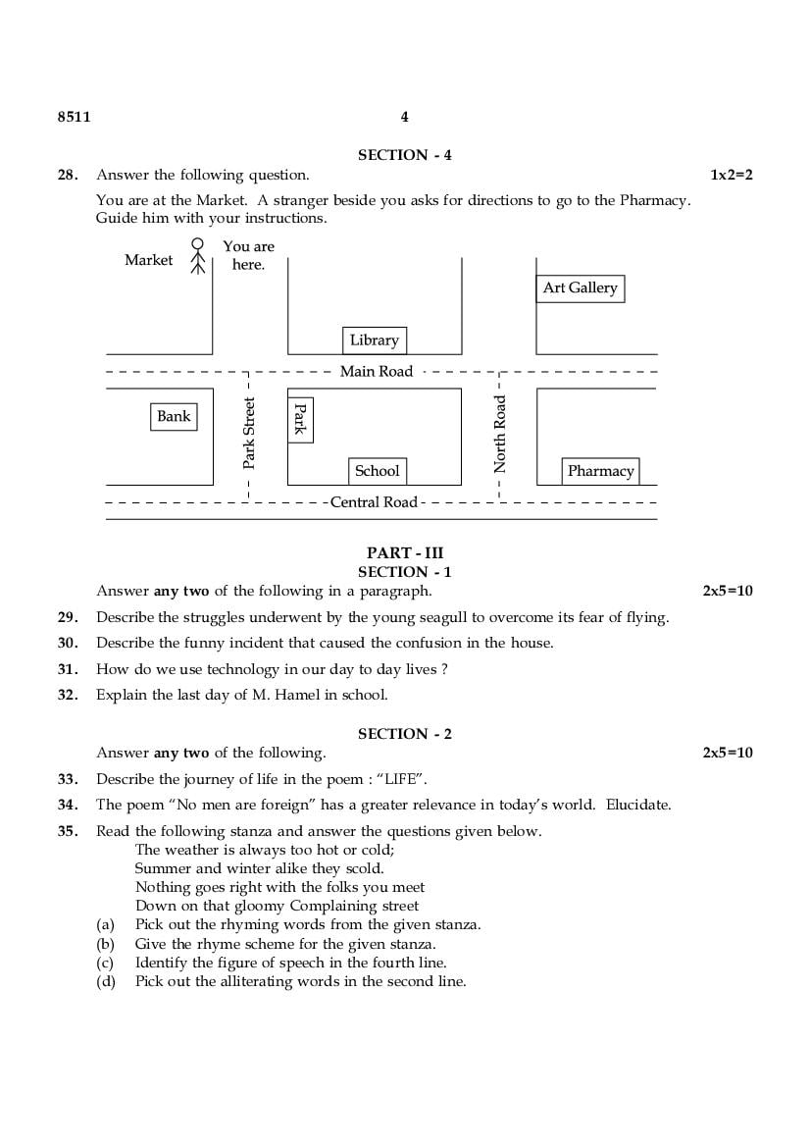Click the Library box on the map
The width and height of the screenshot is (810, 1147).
click(x=374, y=340)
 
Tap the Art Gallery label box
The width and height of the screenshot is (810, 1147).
click(x=581, y=288)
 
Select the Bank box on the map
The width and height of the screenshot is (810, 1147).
click(x=174, y=417)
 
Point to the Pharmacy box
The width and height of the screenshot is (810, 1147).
click(x=600, y=471)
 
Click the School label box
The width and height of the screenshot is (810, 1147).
click(x=378, y=471)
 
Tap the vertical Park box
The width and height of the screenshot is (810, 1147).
click(x=300, y=420)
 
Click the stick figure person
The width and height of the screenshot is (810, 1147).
click(x=197, y=256)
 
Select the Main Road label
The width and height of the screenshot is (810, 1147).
click(x=377, y=371)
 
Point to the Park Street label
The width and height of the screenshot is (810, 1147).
click(x=249, y=433)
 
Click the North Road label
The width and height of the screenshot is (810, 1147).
click(x=500, y=434)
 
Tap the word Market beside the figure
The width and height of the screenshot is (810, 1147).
click(x=148, y=260)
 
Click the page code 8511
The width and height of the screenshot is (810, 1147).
click(x=74, y=117)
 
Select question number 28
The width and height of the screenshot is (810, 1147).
click(x=67, y=176)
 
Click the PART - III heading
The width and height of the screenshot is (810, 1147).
click(x=405, y=553)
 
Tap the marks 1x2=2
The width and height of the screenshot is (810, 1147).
click(x=732, y=176)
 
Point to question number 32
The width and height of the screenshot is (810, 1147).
click(x=67, y=696)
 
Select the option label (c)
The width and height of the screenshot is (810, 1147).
click(x=105, y=963)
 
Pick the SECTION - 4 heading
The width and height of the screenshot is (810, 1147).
click(x=405, y=155)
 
